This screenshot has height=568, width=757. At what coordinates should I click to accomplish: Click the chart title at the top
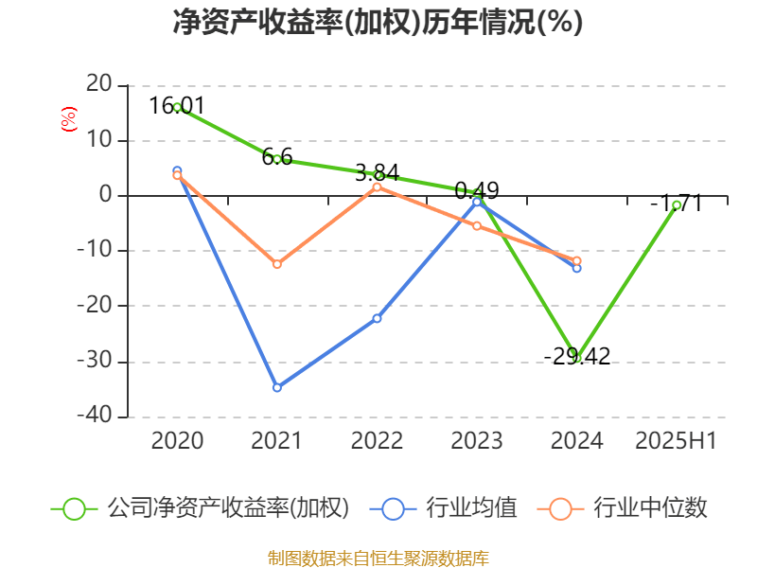(378, 22)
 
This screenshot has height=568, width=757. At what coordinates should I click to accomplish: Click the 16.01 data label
(177, 105)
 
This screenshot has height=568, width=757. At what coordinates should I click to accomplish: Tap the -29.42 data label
(577, 356)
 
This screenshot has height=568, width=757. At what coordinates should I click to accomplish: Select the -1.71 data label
(676, 202)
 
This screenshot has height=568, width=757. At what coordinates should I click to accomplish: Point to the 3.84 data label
(377, 172)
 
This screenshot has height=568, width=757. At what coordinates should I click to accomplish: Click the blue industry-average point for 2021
(276, 387)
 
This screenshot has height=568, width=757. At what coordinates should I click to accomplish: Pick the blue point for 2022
(377, 318)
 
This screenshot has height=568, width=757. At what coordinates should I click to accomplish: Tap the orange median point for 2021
(276, 264)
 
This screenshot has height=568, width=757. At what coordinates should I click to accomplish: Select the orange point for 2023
(477, 226)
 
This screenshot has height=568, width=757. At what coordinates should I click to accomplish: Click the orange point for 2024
(577, 260)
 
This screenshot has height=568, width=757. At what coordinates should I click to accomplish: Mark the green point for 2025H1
(677, 205)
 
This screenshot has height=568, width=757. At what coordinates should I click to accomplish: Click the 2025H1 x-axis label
(676, 440)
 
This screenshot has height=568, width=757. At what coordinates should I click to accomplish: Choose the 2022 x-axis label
(377, 440)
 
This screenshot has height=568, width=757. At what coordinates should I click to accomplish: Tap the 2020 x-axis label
(177, 440)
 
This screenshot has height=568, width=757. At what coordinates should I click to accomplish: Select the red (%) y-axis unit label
(67, 118)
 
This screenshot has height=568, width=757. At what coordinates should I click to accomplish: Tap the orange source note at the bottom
(378, 558)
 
